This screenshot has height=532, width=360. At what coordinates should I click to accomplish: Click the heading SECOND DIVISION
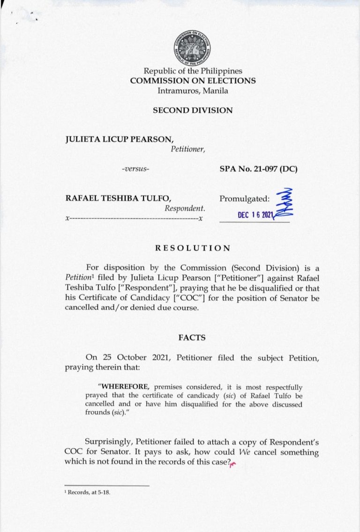coord(193,111)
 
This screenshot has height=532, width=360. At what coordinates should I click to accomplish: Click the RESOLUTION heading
coord(193,248)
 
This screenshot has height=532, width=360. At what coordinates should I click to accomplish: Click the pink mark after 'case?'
coord(232,464)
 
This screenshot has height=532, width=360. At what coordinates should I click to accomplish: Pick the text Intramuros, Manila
coord(193,90)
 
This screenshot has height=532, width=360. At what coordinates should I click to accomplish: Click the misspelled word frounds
coord(97,413)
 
